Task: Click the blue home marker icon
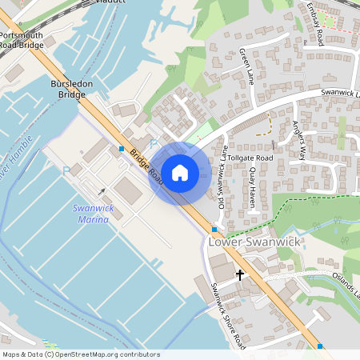coord(180,172)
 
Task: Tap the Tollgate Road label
coord(250,158)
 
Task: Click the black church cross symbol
coord(239,274)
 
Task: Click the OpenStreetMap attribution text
coord(80,354)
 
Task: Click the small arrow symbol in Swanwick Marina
coord(102,191)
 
